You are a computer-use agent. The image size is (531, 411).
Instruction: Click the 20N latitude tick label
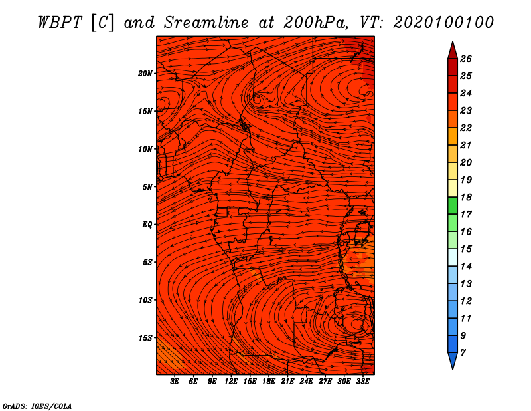(x=145, y=74)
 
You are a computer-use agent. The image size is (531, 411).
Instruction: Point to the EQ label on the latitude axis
(x=147, y=225)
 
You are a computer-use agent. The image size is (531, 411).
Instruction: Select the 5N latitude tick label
(x=147, y=187)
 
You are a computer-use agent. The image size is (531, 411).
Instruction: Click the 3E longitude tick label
(x=175, y=382)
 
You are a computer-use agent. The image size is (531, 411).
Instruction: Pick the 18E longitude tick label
(x=269, y=382)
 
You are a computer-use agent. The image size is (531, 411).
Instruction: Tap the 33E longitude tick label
(x=362, y=382)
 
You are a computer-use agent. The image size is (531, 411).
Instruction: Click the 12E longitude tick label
(x=231, y=382)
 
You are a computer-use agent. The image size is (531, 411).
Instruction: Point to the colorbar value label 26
(x=466, y=59)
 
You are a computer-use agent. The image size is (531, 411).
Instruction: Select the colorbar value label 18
(x=466, y=197)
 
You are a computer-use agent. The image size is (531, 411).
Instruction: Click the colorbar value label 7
(x=463, y=353)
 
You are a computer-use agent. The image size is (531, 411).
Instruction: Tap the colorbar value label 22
(x=466, y=128)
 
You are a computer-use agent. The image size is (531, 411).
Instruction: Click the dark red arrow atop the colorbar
(x=453, y=51)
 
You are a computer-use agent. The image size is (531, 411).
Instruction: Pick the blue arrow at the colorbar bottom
(x=453, y=361)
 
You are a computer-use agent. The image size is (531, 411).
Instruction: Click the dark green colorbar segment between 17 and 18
(x=453, y=205)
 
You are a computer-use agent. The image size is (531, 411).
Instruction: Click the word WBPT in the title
(x=60, y=23)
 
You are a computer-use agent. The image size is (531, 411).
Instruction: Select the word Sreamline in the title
(x=206, y=23)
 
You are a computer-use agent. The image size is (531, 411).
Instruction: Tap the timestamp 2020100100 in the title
(x=443, y=23)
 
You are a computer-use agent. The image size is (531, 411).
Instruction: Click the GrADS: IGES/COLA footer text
(x=37, y=406)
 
